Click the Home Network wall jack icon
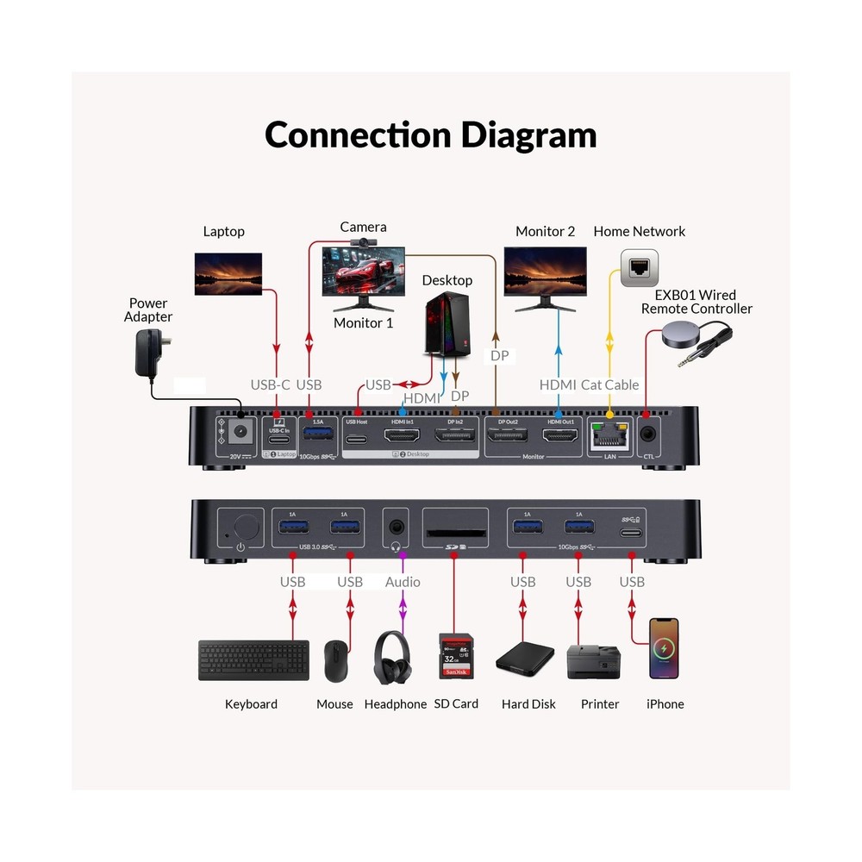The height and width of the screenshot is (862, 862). click(640, 268)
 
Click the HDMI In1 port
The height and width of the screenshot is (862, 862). click(402, 437)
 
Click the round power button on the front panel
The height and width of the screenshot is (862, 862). click(247, 525)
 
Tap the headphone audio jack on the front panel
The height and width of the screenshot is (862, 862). click(397, 524)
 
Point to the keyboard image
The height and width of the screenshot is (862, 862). click(253, 659)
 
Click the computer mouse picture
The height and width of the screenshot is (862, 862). click(335, 661)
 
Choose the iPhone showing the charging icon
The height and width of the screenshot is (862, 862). click(664, 648)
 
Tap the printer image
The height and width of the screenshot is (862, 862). click(593, 660)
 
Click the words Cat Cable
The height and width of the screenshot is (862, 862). click(609, 384)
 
